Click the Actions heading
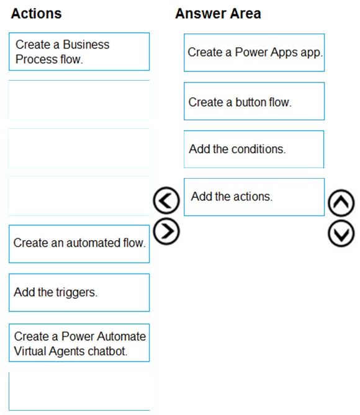[x=36, y=13]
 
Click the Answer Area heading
[x=218, y=13]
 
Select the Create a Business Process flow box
[x=79, y=51]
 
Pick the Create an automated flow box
[x=79, y=244]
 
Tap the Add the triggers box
[x=79, y=292]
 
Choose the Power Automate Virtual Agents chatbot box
[x=79, y=342]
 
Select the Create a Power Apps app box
[x=254, y=52]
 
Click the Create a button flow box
[x=254, y=101]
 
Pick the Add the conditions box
[x=254, y=149]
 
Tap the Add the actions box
[x=254, y=197]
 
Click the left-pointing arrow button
[x=166, y=200]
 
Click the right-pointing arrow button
[x=166, y=231]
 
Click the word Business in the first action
[x=86, y=45]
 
